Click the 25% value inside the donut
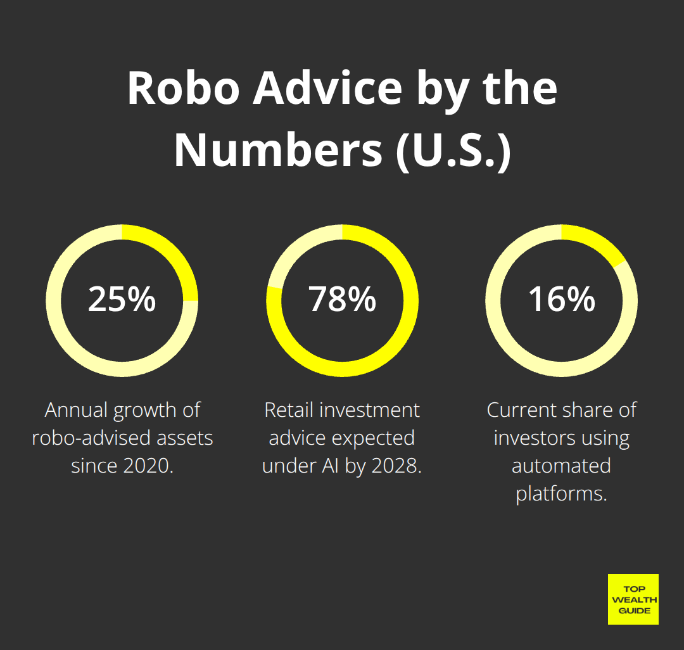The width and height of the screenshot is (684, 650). point(122,299)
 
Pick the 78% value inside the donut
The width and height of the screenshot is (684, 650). point(342,299)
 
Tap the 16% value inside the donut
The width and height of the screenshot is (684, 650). point(562,299)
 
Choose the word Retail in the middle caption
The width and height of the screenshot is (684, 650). point(288,410)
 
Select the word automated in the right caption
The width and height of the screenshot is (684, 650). point(562,466)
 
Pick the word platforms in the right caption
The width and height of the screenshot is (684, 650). point(562,494)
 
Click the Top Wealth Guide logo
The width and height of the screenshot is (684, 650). point(633,599)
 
